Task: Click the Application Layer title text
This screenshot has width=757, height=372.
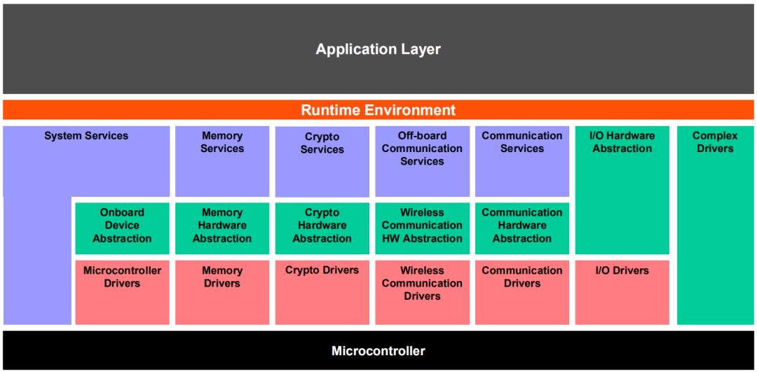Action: [x=378, y=50]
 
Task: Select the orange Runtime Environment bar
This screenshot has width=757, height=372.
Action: [x=378, y=110]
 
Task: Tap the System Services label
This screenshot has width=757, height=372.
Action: [x=86, y=136]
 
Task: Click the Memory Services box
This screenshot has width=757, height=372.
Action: [x=222, y=161]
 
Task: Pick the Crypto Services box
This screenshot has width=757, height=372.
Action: [x=322, y=161]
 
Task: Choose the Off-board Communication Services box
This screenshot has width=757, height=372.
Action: [x=422, y=161]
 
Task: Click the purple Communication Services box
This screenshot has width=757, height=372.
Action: [x=522, y=161]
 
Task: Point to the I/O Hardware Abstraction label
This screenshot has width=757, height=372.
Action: [x=622, y=142]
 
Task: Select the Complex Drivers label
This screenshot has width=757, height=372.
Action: [x=715, y=142]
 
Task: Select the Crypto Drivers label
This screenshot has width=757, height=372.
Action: [x=322, y=270]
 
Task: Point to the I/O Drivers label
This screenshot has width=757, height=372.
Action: [x=622, y=270]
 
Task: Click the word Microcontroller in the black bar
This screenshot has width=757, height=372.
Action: [x=378, y=351]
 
